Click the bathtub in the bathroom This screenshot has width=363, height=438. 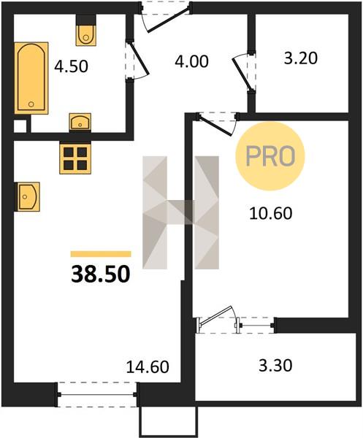(31, 78)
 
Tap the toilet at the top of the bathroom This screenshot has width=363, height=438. (86, 31)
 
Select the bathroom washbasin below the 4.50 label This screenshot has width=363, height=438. (80, 122)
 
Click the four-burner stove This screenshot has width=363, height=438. (75, 158)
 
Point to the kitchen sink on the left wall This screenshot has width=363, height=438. (27, 196)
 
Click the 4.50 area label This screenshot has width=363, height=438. (72, 66)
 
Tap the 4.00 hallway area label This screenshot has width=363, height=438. (191, 61)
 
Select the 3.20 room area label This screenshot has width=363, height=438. (301, 58)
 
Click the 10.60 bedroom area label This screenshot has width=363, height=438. (271, 213)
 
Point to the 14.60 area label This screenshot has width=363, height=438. (148, 366)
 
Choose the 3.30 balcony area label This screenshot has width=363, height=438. (275, 366)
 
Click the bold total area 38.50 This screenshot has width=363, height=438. (101, 274)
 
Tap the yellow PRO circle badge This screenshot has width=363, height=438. (270, 156)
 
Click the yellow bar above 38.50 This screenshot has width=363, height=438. (101, 253)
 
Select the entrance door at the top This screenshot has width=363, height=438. (169, 20)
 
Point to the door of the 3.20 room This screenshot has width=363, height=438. (242, 73)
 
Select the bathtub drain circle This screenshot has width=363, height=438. (31, 104)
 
